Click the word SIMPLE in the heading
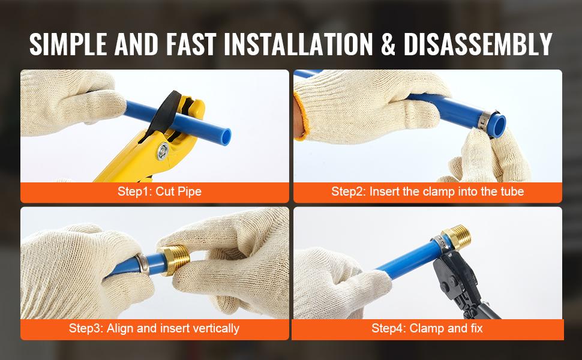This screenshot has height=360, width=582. (68, 44)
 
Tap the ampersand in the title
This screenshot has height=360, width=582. (388, 44)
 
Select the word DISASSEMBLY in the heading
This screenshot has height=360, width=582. (478, 44)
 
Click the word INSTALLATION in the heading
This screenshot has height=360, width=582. (298, 44)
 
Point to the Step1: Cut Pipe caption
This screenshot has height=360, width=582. (160, 191)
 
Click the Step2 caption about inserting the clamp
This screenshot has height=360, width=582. (428, 191)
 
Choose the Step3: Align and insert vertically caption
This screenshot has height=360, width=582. (154, 328)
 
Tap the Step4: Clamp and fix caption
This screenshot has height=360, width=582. (427, 328)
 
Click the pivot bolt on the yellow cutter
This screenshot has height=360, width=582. (162, 151)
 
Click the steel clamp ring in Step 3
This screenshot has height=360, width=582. (143, 264)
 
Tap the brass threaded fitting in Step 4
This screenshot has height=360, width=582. (457, 237)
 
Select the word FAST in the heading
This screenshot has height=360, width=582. (191, 44)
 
